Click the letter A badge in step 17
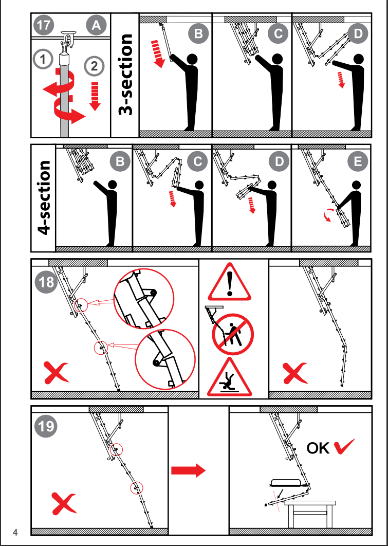[96, 25]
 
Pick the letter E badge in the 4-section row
[357, 162]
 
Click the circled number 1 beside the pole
[43, 59]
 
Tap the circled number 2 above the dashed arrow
[94, 65]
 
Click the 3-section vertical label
[125, 75]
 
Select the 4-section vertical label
[44, 197]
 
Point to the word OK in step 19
[318, 448]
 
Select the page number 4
[15, 532]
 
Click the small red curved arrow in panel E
[326, 216]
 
